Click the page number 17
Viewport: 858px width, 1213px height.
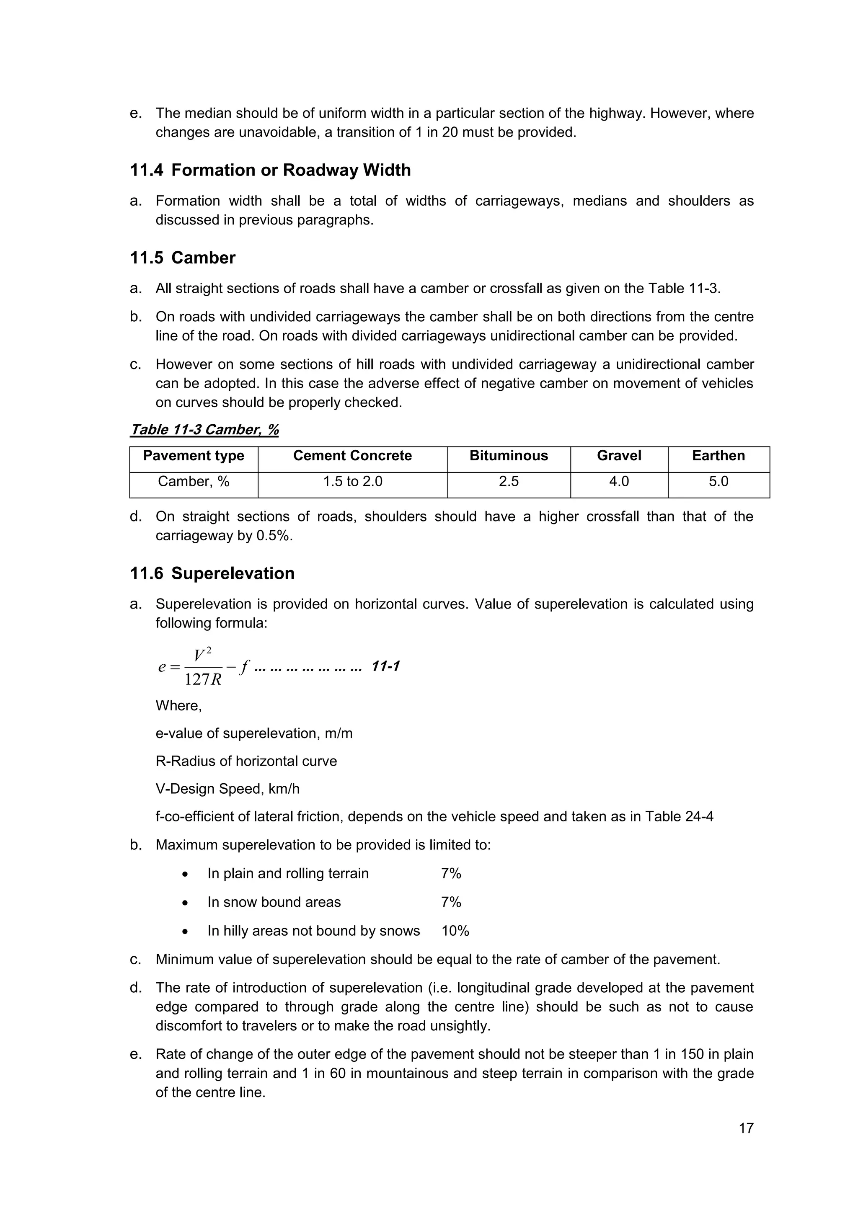click(x=745, y=1128)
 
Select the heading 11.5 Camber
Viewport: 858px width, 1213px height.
click(x=183, y=258)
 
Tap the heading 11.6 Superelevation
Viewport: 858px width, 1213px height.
click(x=212, y=573)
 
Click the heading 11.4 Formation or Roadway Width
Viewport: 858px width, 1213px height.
click(x=271, y=170)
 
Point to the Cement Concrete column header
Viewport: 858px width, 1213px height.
click(x=352, y=456)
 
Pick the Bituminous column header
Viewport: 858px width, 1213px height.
click(x=508, y=456)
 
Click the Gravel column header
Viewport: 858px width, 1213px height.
click(x=619, y=456)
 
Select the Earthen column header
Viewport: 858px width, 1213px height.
click(x=718, y=456)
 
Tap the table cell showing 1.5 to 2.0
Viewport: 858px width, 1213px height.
click(x=352, y=481)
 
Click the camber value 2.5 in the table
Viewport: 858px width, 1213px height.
click(x=508, y=481)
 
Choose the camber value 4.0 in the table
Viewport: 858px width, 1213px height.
click(x=619, y=481)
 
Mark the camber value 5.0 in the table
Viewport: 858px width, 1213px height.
click(x=718, y=481)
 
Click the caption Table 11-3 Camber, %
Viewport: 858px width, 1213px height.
click(x=204, y=429)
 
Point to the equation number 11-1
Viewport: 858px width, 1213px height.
click(x=386, y=666)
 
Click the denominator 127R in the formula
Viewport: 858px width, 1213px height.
click(x=203, y=680)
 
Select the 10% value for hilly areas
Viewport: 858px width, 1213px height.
click(x=455, y=931)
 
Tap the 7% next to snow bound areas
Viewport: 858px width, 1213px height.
click(x=451, y=902)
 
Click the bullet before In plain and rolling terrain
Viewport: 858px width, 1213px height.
click(x=185, y=874)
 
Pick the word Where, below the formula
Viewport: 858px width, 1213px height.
click(x=178, y=706)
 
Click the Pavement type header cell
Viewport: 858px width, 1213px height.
click(x=194, y=456)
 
